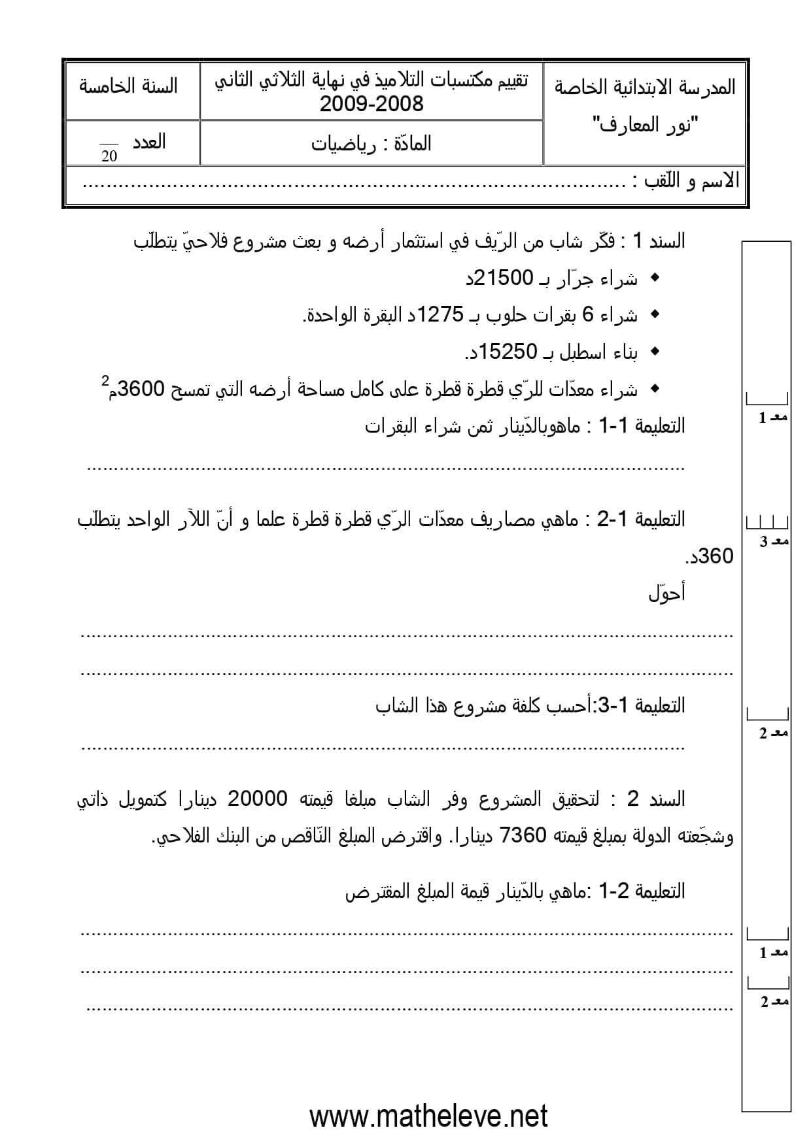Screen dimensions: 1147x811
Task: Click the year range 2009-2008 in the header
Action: (371, 103)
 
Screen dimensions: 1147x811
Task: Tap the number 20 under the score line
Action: (109, 157)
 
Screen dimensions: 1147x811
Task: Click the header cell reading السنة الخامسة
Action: (128, 86)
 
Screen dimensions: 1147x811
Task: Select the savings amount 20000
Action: (257, 799)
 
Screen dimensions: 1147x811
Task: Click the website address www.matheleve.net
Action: (428, 1116)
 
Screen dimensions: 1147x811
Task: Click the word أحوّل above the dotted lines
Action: (666, 593)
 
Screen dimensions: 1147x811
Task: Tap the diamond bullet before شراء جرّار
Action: (653, 278)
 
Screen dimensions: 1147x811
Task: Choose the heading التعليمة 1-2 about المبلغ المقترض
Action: (642, 891)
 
